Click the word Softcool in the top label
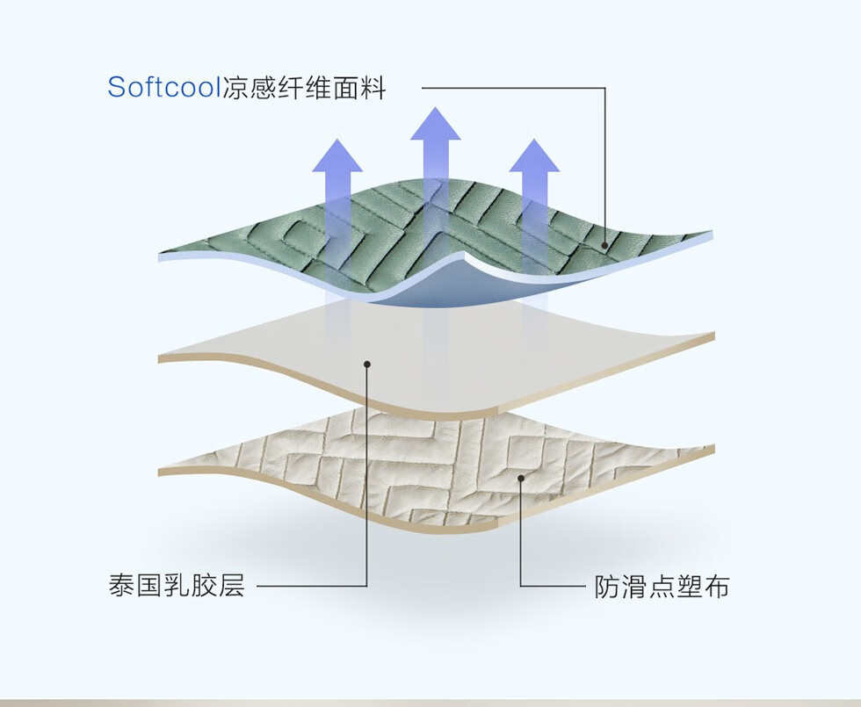[x=163, y=88]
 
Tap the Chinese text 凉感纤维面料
[x=303, y=88]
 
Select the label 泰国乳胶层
[x=177, y=585]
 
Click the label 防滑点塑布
[x=662, y=587]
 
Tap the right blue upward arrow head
[x=534, y=155]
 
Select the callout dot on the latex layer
[x=367, y=364]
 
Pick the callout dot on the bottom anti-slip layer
[x=521, y=479]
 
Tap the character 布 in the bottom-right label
[x=717, y=587]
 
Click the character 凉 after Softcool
[x=234, y=88]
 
